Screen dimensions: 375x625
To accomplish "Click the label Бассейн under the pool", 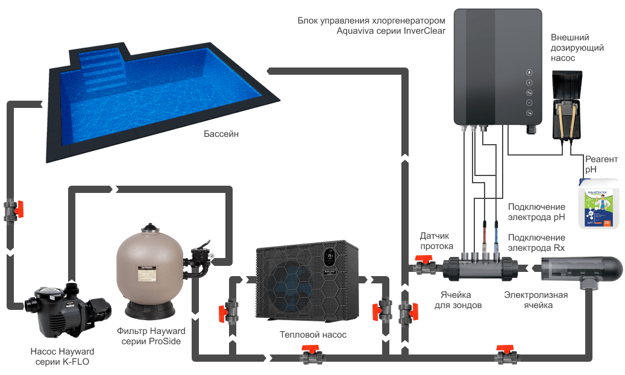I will (x=221, y=134).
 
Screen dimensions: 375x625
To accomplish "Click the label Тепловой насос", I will (x=313, y=334).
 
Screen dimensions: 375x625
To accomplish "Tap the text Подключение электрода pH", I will (x=536, y=212).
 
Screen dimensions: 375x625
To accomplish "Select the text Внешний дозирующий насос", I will (x=577, y=48).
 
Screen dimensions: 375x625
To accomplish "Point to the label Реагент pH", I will (x=601, y=164).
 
